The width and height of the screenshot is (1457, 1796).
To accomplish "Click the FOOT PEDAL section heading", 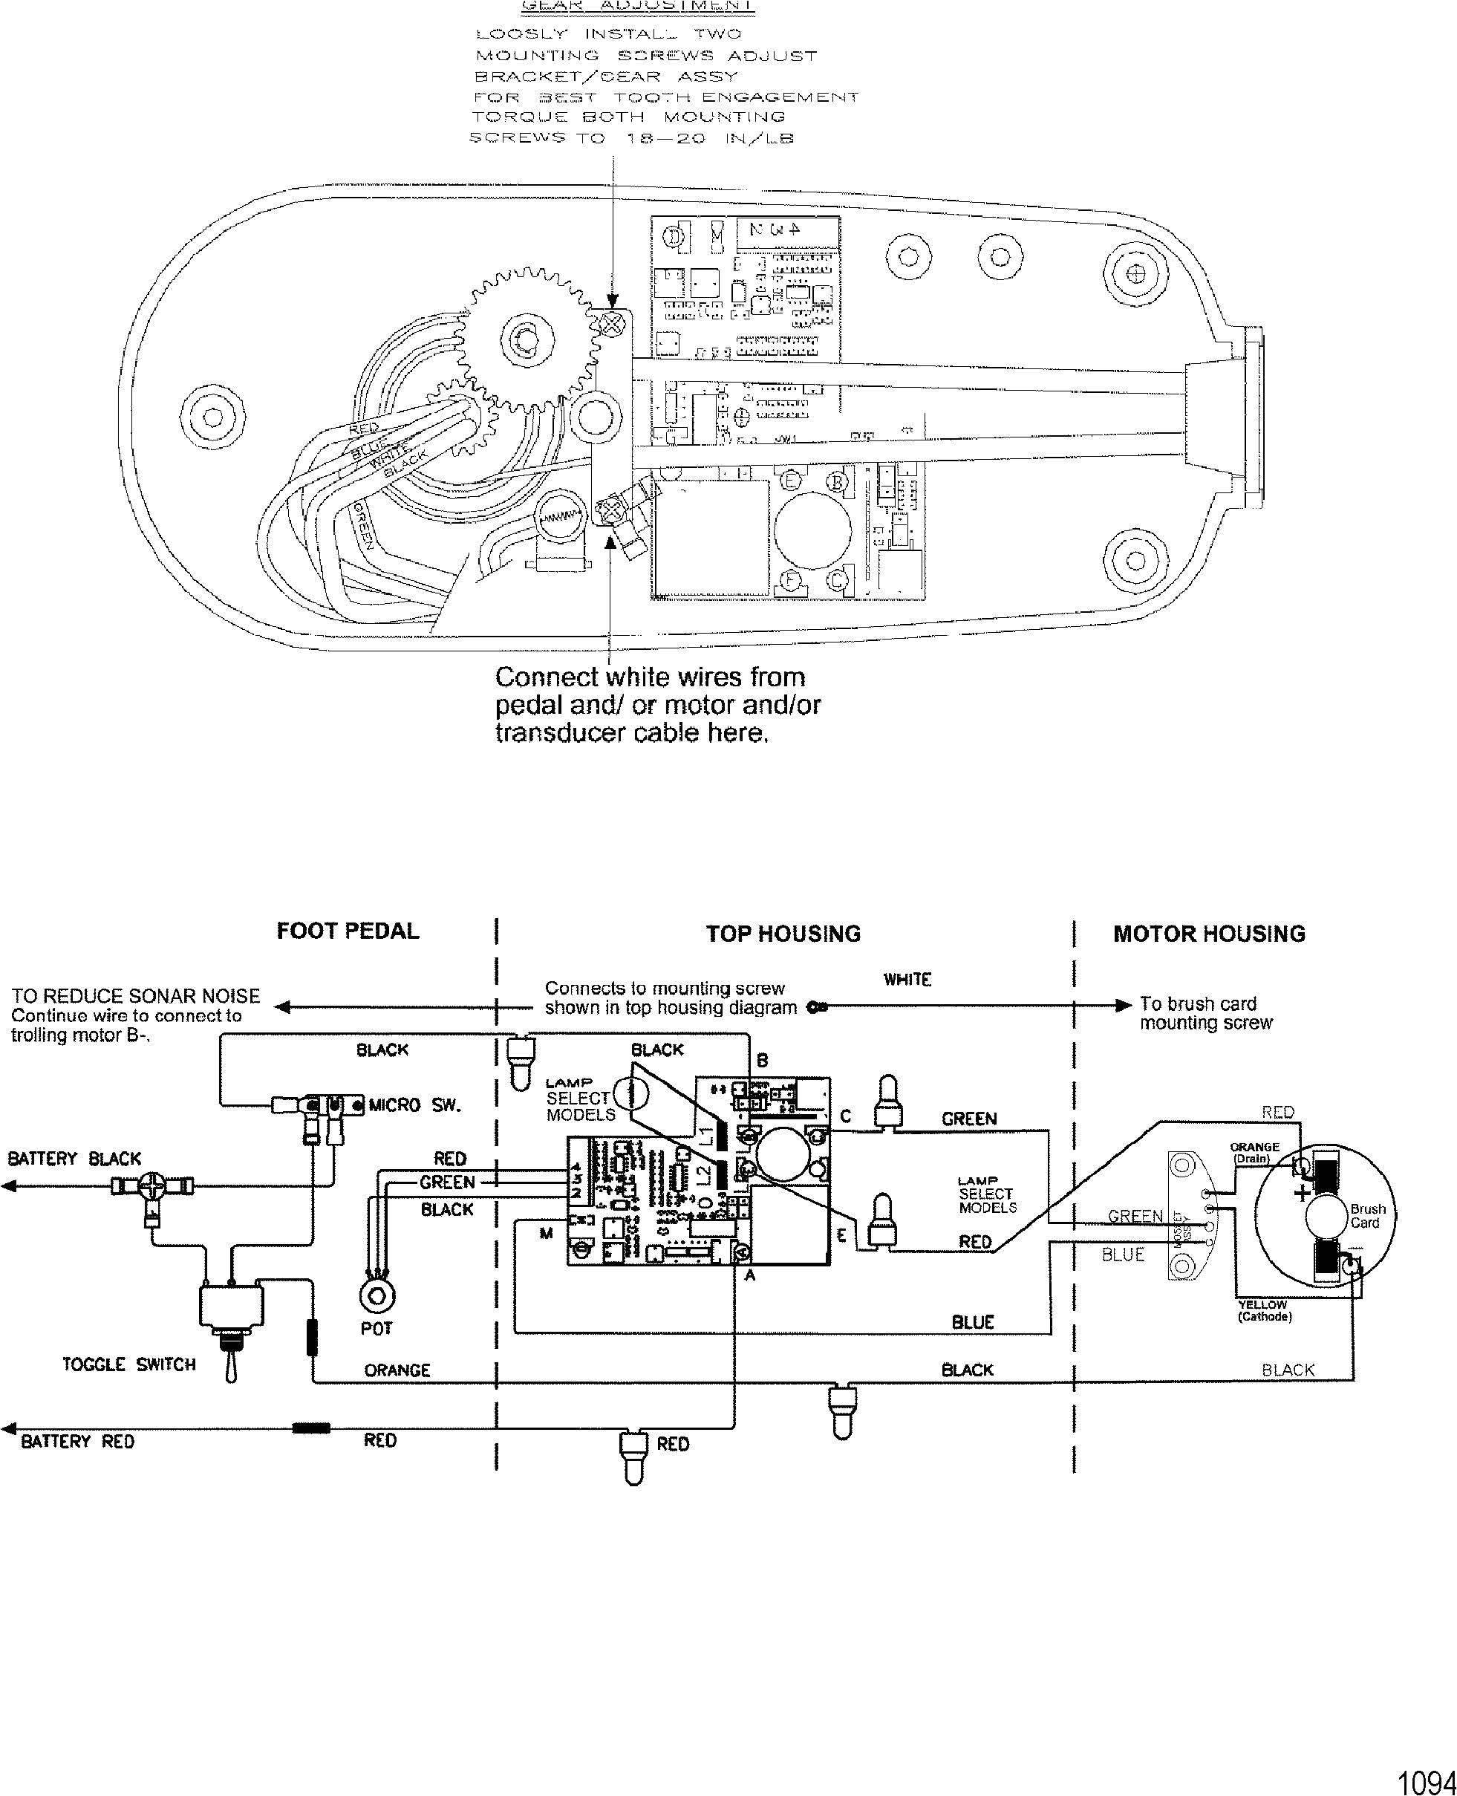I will coord(348,931).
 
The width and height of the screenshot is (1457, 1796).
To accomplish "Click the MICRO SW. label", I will coord(414,1105).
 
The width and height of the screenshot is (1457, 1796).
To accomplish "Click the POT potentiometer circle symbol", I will coord(377,1298).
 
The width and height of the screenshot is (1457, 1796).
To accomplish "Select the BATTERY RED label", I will coord(77,1441).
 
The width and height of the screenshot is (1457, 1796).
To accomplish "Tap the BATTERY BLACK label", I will coord(75,1159).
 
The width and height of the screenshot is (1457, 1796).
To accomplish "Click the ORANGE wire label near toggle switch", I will coord(397,1370).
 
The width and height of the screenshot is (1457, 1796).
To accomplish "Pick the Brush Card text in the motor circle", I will coord(1367,1216).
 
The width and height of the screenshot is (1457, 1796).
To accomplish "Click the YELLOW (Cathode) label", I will coord(1264,1311).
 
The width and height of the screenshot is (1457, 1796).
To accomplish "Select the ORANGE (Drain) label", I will coord(1254,1152).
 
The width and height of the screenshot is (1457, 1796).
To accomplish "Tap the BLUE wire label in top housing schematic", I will coord(973,1322).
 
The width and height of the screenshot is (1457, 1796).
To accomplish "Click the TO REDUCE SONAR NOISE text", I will coord(135,996).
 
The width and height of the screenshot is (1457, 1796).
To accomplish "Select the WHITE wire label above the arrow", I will coord(907,980).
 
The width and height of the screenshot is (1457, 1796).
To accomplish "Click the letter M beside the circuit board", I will coord(547,1233).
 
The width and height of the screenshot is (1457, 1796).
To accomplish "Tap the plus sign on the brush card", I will coord(1303,1193).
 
